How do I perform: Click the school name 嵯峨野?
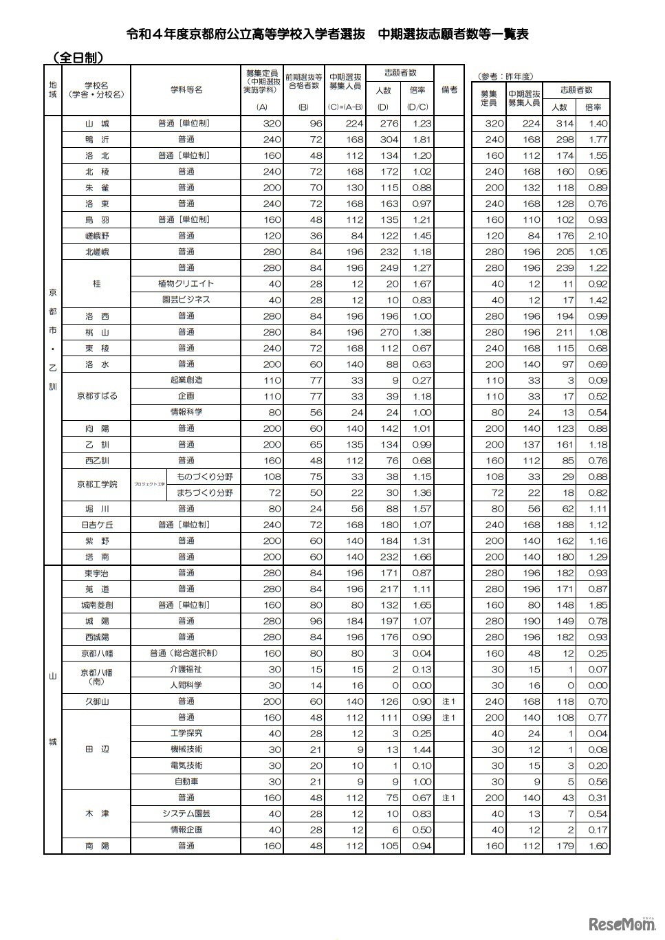96,236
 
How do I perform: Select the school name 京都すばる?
96,396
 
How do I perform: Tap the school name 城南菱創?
96,605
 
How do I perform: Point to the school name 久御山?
96,701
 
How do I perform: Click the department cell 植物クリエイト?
186,284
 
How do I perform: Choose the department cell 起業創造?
186,380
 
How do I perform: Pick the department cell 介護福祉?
186,669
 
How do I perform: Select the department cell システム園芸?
186,813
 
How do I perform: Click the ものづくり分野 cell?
204,477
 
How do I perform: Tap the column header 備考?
449,90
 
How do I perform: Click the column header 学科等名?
186,90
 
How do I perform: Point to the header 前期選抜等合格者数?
303,81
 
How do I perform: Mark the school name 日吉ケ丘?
96,525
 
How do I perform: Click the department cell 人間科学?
186,685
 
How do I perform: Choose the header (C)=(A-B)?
345,107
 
